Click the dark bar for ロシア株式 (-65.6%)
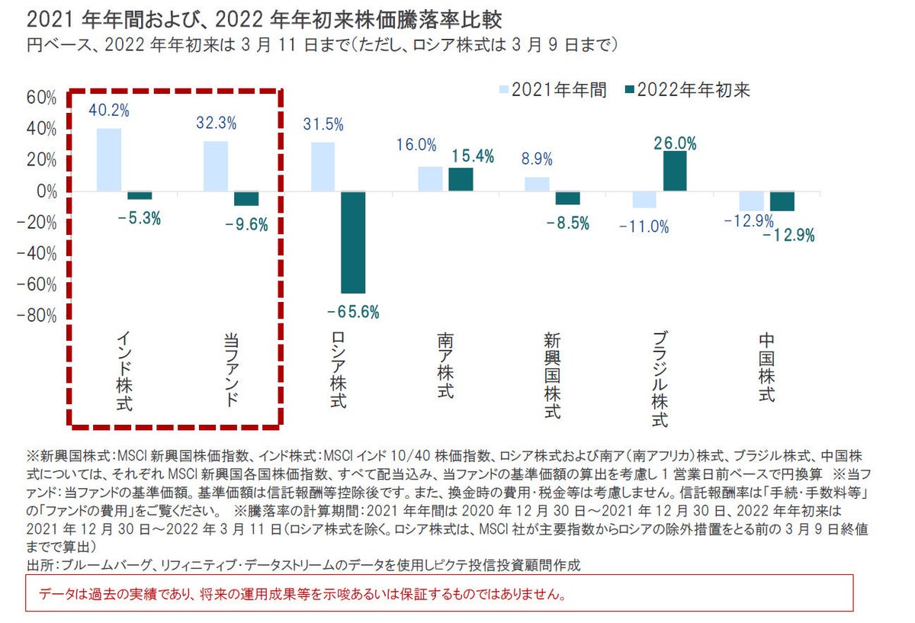[x=353, y=242]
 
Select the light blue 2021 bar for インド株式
[x=109, y=159]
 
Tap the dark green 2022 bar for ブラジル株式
[x=675, y=171]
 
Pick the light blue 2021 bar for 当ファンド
[x=216, y=165]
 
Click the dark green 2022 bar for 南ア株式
[x=461, y=179]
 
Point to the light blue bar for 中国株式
[x=730, y=201]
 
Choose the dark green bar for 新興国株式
[x=567, y=197]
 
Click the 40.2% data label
[x=109, y=111]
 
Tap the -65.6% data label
[x=352, y=312]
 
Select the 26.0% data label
[x=675, y=143]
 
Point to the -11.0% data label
[x=644, y=226]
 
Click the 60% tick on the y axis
[x=41, y=98]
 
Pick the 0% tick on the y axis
[x=46, y=191]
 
